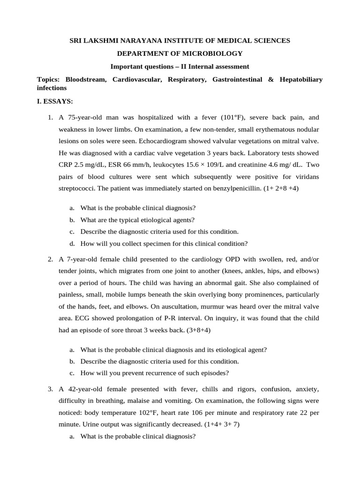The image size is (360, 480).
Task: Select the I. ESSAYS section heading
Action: coord(54,101)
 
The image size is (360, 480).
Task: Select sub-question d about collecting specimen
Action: coord(164,243)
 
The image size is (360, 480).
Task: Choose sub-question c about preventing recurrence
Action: coord(155,373)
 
